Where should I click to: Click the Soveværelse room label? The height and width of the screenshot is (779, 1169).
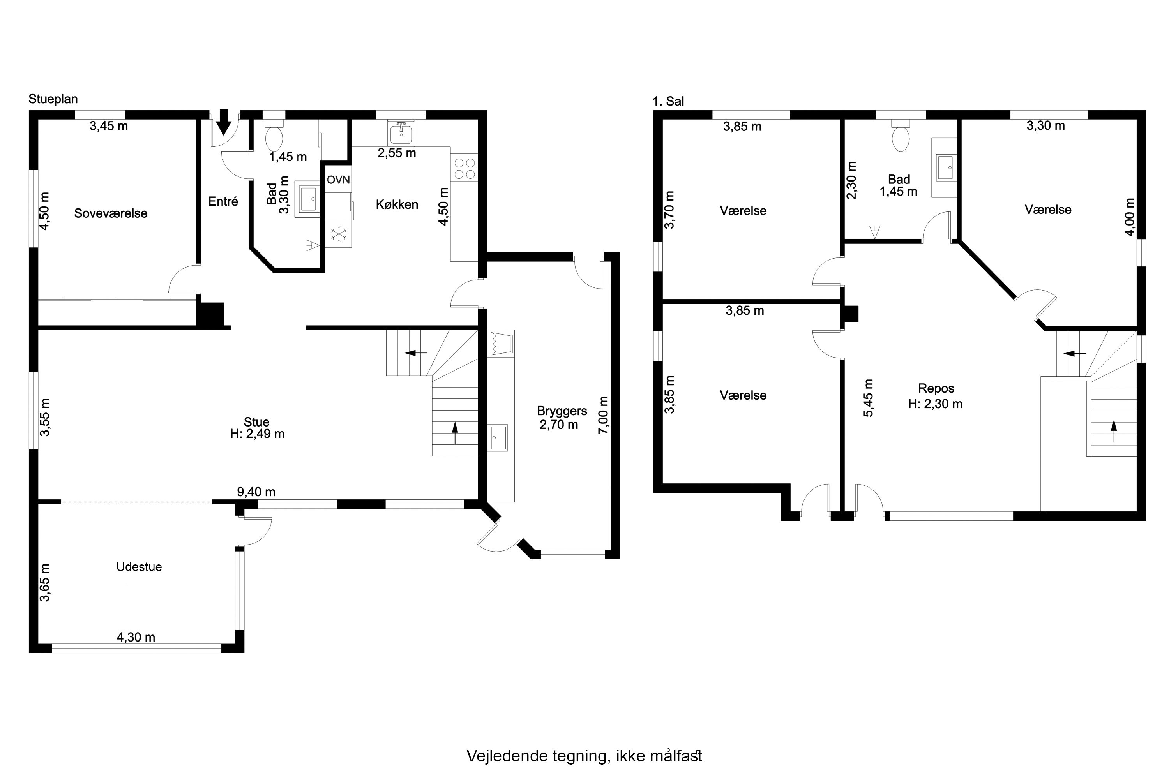point(111,213)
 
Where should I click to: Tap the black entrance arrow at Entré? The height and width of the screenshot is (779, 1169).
point(224,122)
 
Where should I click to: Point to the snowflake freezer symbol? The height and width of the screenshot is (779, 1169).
point(339,234)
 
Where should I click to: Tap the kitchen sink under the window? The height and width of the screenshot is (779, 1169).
point(401,133)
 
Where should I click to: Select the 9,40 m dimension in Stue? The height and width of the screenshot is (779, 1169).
point(256,492)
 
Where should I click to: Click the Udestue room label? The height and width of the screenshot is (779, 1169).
point(139,567)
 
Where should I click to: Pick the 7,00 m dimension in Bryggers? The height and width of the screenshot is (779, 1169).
point(603,415)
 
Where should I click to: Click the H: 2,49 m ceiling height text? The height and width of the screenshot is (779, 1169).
point(258,434)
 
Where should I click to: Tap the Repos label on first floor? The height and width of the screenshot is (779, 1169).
point(936,388)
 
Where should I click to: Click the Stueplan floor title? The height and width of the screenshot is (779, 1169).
point(53,99)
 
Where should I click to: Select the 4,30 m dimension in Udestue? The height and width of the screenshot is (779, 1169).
point(136,637)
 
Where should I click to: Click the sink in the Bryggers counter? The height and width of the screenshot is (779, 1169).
point(498,438)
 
